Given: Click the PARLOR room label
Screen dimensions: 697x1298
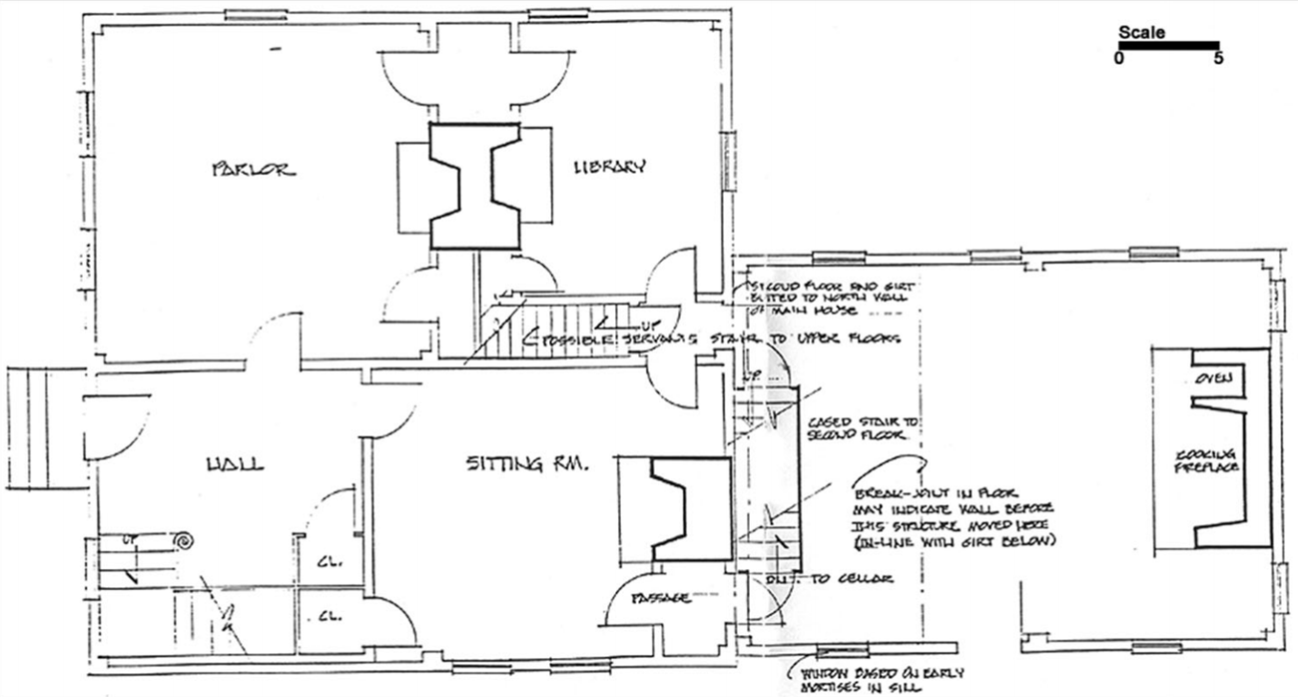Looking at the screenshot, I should (253, 169).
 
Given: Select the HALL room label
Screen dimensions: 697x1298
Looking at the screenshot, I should (235, 463).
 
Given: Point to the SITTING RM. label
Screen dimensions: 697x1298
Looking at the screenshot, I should (528, 462).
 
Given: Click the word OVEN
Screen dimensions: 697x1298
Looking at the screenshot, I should (1213, 378).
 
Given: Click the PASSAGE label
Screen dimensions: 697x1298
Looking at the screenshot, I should (660, 597).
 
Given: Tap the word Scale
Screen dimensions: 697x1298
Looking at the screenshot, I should (1141, 32).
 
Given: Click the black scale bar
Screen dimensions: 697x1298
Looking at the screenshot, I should (1168, 45).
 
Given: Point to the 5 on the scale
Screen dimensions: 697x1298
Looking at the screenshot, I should (1218, 58).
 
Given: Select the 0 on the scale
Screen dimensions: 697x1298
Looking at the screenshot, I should (1118, 58).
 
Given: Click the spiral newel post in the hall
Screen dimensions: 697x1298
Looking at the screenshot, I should (182, 541).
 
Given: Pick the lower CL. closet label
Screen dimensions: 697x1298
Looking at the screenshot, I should (329, 616).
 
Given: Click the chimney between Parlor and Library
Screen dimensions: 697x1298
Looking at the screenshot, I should (474, 187).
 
